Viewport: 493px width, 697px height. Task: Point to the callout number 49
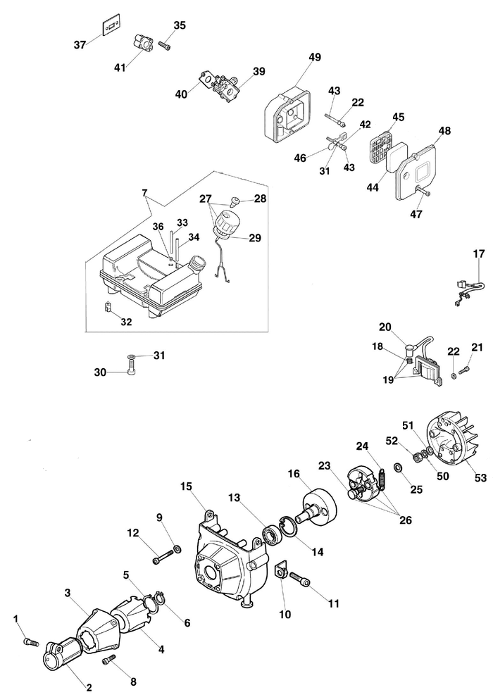[314, 57]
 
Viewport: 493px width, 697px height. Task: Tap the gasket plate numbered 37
[108, 26]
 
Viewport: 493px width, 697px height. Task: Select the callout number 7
[144, 192]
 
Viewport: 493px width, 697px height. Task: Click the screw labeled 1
[29, 641]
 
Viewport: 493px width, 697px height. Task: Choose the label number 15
[186, 486]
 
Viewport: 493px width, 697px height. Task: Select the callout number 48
[444, 131]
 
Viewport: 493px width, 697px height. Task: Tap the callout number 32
[126, 322]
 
